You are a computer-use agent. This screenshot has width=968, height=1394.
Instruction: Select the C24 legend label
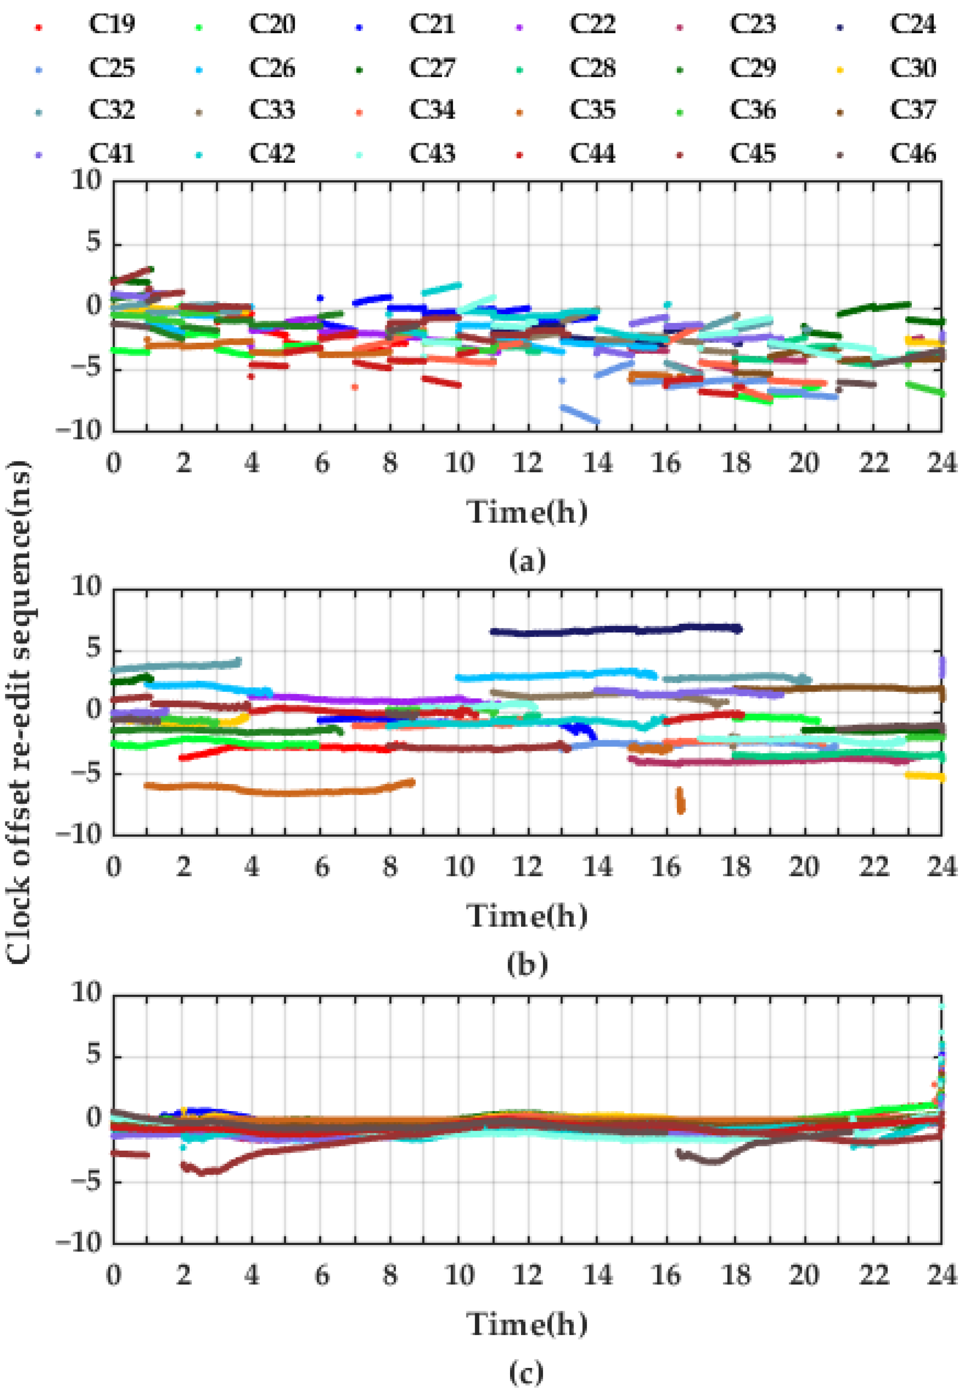point(913,24)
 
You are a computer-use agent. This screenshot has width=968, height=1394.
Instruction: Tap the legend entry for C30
point(913,67)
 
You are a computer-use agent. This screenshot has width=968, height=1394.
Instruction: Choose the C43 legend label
point(432,153)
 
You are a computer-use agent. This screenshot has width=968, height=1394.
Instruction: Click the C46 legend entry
point(913,153)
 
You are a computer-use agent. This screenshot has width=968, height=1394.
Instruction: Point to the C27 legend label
point(432,67)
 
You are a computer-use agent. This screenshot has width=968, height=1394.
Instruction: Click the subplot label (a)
point(527,561)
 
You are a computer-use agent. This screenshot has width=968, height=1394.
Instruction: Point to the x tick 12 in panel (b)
point(528,868)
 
